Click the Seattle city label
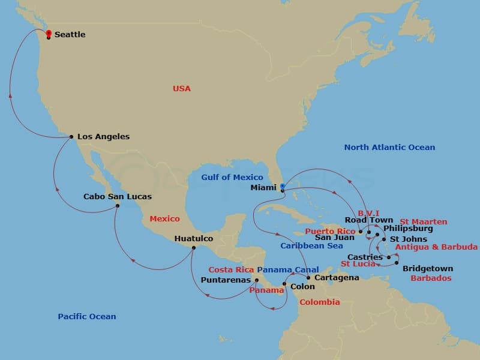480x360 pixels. click(x=70, y=35)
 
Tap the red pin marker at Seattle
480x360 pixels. click(x=49, y=33)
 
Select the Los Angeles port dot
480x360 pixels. click(x=71, y=137)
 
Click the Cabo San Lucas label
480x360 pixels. click(x=118, y=197)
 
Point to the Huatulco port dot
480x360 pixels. click(x=193, y=248)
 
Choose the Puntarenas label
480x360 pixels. click(x=226, y=280)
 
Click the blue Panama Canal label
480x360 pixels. click(x=288, y=270)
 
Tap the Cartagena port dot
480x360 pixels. click(x=308, y=278)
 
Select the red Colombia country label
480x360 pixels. click(x=320, y=302)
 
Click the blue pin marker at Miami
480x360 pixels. click(x=282, y=187)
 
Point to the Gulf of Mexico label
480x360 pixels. click(x=232, y=178)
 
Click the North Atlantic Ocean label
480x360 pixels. click(x=389, y=148)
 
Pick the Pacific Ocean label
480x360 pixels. click(x=87, y=317)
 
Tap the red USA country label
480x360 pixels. click(x=181, y=89)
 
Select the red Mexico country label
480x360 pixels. click(x=164, y=219)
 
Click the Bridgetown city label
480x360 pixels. click(x=427, y=269)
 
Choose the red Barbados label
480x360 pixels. click(x=431, y=278)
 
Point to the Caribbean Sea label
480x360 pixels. click(x=311, y=246)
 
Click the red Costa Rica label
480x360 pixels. click(x=231, y=270)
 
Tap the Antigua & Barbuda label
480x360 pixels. click(x=437, y=247)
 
